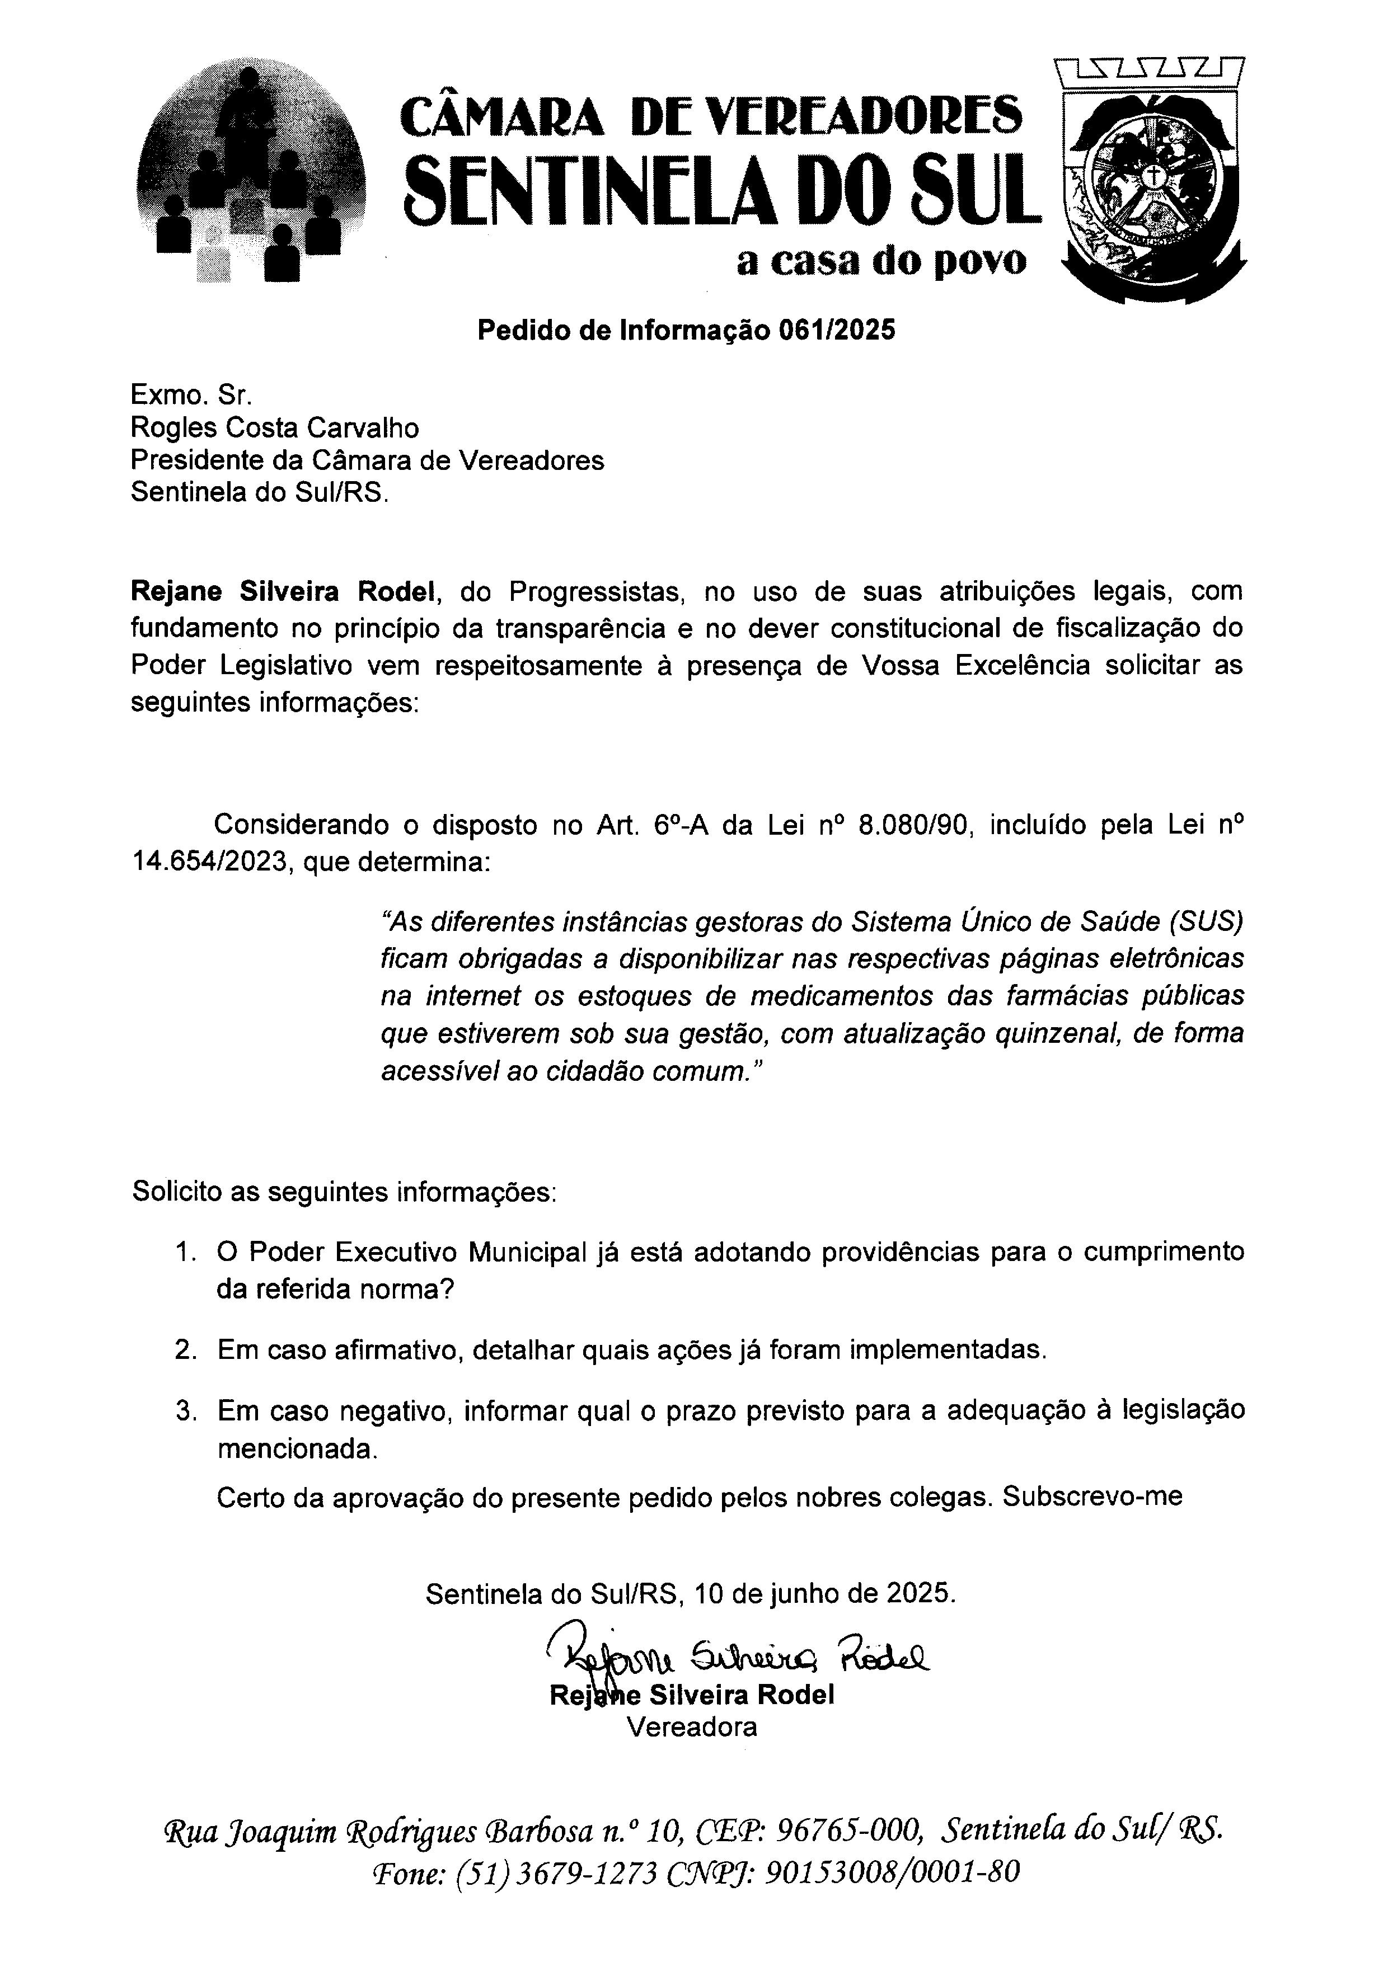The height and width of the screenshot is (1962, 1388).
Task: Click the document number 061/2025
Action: pos(836,330)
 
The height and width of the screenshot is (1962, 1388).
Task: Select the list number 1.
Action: pos(185,1253)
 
